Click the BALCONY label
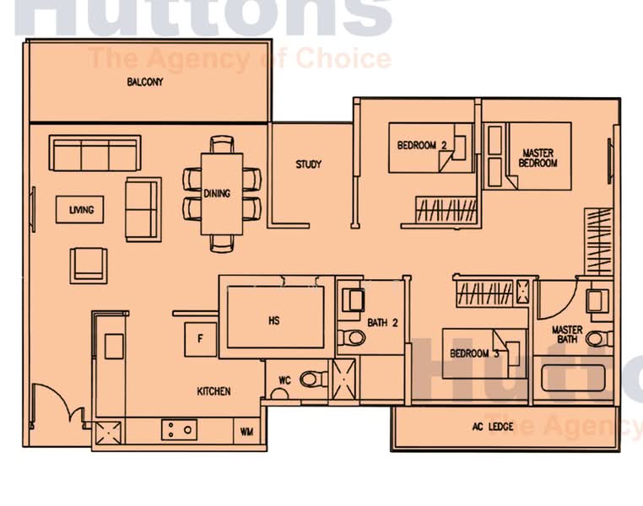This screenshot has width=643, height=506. pyautogui.click(x=145, y=83)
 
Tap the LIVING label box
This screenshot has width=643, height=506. pyautogui.click(x=81, y=210)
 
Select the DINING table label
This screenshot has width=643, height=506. pyautogui.click(x=217, y=194)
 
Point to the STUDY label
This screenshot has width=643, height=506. pyautogui.click(x=308, y=164)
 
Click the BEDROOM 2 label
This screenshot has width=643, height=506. pyautogui.click(x=422, y=145)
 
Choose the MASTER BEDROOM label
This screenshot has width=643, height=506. pyautogui.click(x=538, y=158)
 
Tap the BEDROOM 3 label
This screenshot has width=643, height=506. pyautogui.click(x=474, y=353)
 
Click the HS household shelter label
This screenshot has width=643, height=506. pyautogui.click(x=274, y=320)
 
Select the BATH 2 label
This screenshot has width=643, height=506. pyautogui.click(x=382, y=322)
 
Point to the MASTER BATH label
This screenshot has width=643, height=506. pyautogui.click(x=567, y=335)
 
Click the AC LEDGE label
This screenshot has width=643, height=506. pyautogui.click(x=493, y=427)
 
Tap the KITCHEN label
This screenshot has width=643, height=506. pyautogui.click(x=213, y=391)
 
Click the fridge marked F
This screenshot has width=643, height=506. pyautogui.click(x=200, y=339)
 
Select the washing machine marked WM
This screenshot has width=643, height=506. pyautogui.click(x=246, y=432)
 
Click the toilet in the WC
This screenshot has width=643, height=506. pyautogui.click(x=312, y=379)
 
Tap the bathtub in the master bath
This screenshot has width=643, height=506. pyautogui.click(x=573, y=377)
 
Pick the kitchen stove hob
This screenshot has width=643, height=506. pyautogui.click(x=179, y=429)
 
